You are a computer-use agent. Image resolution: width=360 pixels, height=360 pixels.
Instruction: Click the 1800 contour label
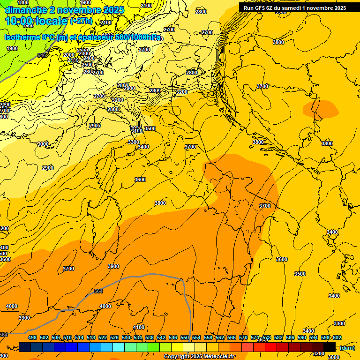22,2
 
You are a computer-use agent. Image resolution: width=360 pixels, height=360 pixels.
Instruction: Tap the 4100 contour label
139,327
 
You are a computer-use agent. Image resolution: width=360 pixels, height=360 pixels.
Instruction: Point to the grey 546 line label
42,55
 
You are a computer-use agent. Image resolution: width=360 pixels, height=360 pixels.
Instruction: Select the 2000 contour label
68,55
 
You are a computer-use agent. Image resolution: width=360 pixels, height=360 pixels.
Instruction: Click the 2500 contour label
88,65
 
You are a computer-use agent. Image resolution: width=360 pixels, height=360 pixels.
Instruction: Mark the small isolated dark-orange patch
321,109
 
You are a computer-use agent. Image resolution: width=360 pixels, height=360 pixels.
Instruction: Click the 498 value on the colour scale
32,337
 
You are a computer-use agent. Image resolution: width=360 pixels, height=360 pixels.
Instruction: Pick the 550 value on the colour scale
185,337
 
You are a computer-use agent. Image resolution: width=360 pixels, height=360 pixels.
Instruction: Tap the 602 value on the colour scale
337,337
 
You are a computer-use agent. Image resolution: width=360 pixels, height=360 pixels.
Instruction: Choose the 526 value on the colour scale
114,337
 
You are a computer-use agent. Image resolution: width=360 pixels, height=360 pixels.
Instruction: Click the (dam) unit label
347,347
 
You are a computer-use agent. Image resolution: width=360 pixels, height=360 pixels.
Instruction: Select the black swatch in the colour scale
330,347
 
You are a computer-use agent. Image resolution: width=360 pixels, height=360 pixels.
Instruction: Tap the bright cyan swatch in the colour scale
119,347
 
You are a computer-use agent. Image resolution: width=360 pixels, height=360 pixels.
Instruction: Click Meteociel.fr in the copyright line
217,357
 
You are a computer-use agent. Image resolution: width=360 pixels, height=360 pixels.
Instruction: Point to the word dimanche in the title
25,10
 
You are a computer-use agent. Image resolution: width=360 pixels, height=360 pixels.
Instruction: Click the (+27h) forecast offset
81,21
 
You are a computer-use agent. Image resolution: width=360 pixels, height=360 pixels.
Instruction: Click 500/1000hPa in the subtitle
137,37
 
